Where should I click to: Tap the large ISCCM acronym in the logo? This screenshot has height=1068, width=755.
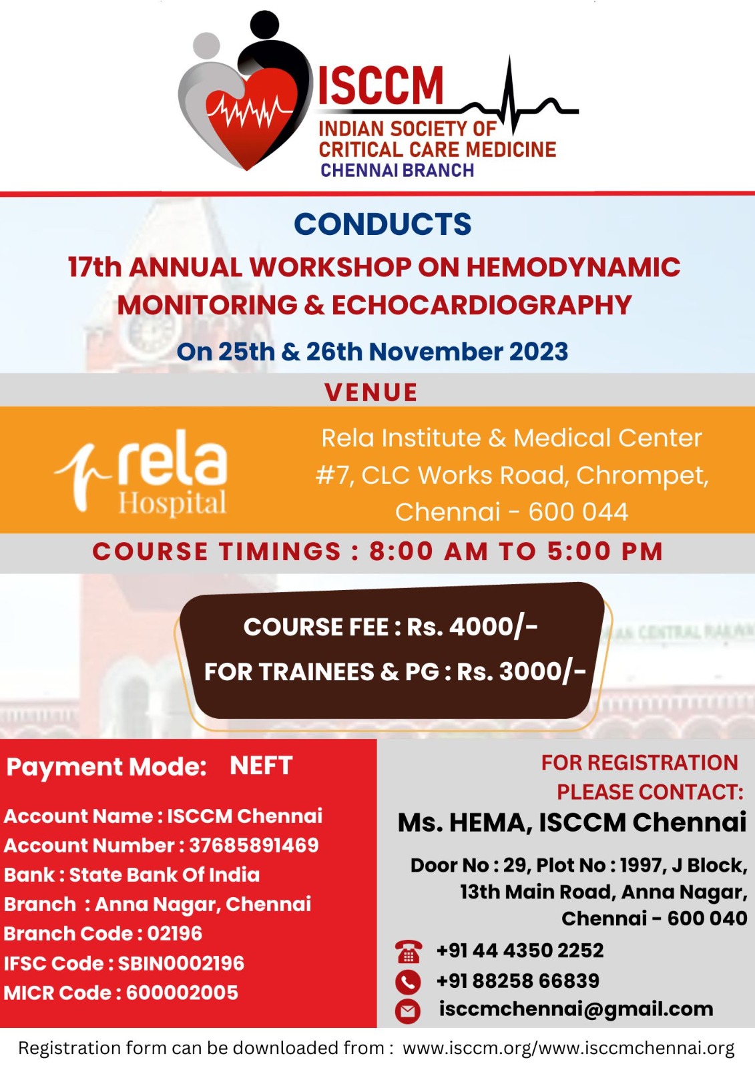pos(381,85)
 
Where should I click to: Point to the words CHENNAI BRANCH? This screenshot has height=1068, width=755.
pos(397,171)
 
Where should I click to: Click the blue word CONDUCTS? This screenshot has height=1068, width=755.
pos(383,224)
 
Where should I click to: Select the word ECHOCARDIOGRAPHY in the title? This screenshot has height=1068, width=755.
pos(481,306)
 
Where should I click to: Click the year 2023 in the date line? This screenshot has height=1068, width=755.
pos(538,352)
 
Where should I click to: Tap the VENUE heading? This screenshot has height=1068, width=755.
pos(371,392)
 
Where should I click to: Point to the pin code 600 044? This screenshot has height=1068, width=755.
pos(578,512)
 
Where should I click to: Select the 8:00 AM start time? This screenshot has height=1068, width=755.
pos(427,552)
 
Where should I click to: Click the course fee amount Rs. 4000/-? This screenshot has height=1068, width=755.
pos(472,627)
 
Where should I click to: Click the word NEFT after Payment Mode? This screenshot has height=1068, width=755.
pos(261,766)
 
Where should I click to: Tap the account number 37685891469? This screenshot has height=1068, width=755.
pos(254,845)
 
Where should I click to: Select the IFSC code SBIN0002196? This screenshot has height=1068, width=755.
pos(181,963)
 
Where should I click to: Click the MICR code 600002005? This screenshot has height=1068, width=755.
pos(182,993)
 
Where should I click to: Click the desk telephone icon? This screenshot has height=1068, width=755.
pos(408,951)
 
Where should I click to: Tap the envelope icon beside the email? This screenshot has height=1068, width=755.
pos(408,1011)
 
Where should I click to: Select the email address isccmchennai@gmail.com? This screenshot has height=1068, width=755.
pos(575,1009)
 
